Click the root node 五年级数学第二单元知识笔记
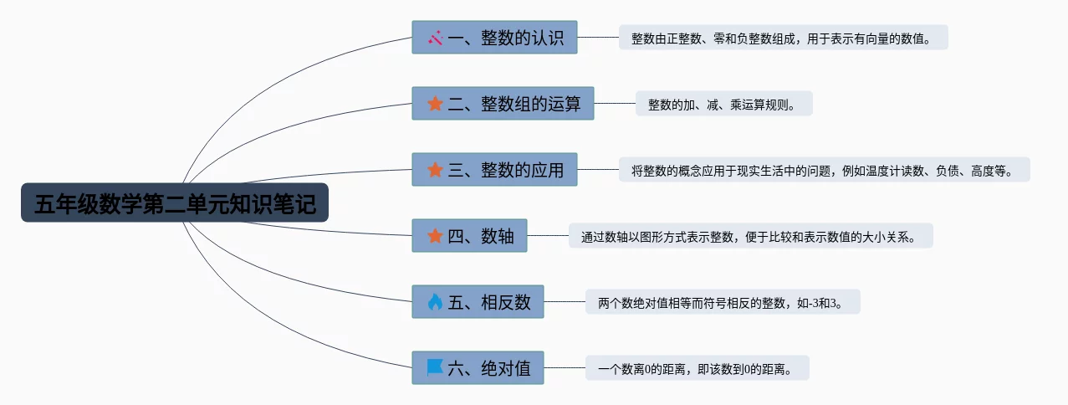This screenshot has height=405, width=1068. point(174,203)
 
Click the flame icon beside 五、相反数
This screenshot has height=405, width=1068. point(435,302)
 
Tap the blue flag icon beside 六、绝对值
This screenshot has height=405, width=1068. point(435,368)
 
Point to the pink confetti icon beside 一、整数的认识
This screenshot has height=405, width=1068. point(435,38)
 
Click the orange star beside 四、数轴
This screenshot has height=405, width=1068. point(435,236)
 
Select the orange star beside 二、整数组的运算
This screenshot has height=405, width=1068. point(435,104)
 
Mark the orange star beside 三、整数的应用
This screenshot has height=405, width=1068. point(435,170)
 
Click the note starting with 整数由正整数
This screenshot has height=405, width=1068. point(783,38)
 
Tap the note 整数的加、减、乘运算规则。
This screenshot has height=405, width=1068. point(723,105)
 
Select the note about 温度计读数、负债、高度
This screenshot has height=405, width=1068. point(824,171)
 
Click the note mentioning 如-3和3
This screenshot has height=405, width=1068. point(723,302)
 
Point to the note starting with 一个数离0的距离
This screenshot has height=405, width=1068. point(697,368)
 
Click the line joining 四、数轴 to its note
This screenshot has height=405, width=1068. point(548,236)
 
